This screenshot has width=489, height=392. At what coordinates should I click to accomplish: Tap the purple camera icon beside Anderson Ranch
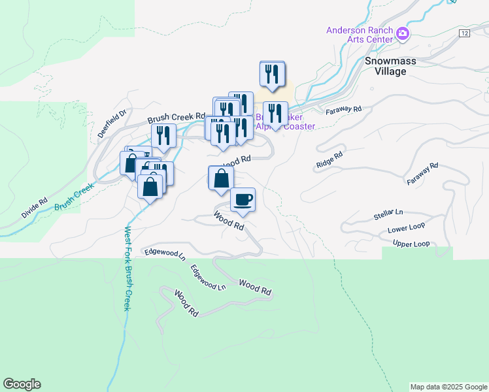[x=403, y=34]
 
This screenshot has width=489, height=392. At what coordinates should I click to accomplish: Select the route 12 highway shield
[x=464, y=33]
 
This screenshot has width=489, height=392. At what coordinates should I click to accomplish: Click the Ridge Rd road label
[x=329, y=161]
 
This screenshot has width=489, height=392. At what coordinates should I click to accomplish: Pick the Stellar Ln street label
[x=390, y=213]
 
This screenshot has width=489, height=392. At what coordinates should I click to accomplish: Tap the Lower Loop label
[x=406, y=228]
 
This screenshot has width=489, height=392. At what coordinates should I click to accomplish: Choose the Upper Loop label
[x=411, y=244]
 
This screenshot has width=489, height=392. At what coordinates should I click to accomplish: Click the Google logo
[x=22, y=384]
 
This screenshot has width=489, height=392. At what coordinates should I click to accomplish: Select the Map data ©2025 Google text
[x=448, y=387]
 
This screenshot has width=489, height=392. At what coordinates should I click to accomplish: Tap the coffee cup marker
[x=243, y=199]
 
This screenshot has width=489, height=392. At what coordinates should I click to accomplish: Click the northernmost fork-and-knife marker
[x=272, y=74]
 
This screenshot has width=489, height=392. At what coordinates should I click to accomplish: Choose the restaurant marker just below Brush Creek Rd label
[x=163, y=135]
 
